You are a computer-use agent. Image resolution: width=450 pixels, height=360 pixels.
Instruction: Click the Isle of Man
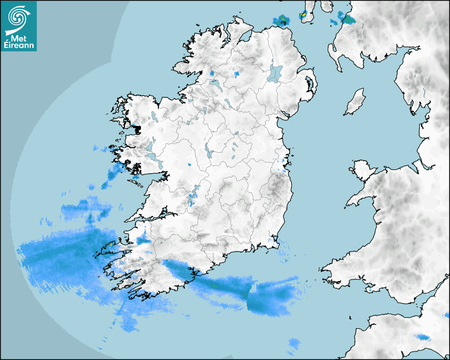click(x=355, y=102)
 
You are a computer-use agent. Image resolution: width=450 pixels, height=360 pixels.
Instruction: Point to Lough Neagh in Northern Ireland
click(x=276, y=73)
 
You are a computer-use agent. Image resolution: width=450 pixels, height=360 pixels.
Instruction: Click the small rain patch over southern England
click(x=422, y=337)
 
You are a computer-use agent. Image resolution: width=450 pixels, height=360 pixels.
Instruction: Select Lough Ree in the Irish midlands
click(x=209, y=153)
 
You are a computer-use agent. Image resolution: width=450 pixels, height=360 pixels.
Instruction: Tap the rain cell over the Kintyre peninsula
click(x=304, y=15)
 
